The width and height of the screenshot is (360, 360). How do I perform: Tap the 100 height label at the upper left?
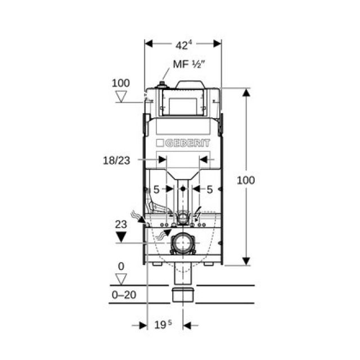(x=120, y=83)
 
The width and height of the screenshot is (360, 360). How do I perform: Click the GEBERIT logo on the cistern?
(x=182, y=143)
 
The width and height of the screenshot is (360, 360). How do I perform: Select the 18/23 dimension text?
(x=116, y=160)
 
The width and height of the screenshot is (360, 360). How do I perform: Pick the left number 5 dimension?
(x=157, y=190)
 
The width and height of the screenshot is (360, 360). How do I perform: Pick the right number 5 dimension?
(x=209, y=190)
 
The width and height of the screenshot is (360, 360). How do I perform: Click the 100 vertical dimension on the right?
(x=245, y=180)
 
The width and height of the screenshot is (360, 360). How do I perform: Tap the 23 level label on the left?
(x=121, y=223)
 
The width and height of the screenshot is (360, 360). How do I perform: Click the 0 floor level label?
(x=121, y=265)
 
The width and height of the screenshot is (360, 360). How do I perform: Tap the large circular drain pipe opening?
(x=183, y=244)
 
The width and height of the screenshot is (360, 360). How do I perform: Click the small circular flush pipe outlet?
(x=183, y=216)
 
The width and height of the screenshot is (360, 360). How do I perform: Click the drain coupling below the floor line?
(x=183, y=295)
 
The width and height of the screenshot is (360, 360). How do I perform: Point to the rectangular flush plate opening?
(x=183, y=105)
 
